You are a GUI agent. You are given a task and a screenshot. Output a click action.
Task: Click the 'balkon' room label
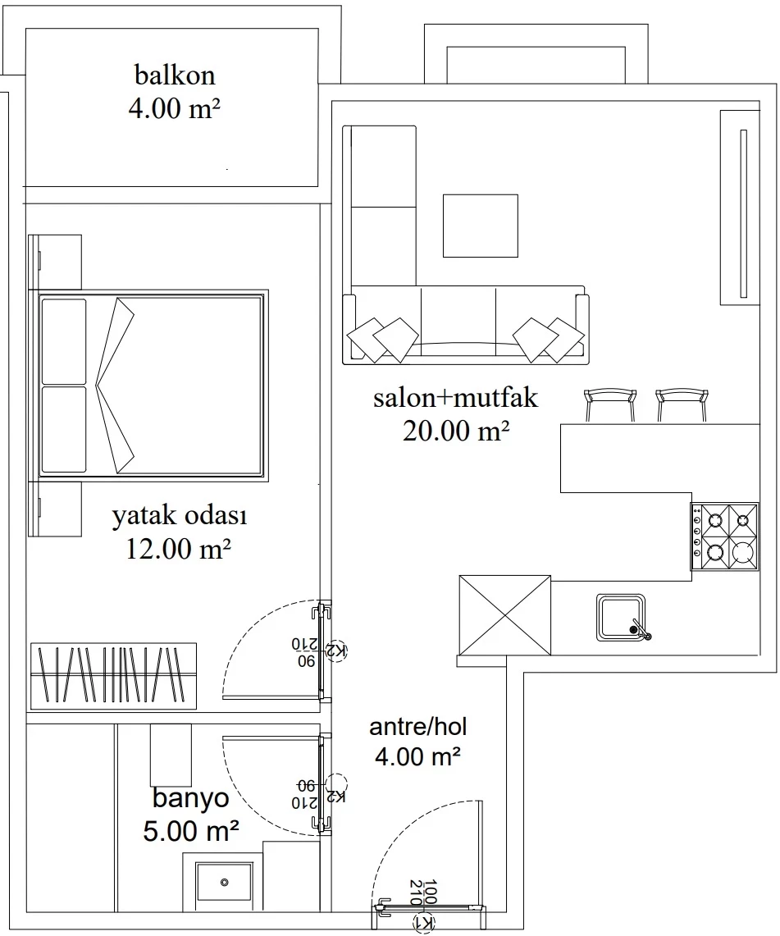[174, 75]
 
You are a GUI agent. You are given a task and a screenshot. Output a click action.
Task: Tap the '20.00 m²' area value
[456, 431]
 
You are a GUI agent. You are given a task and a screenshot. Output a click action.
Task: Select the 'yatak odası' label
[180, 516]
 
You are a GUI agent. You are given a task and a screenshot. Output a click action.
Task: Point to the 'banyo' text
[190, 798]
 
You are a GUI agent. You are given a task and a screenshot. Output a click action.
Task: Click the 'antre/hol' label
[417, 727]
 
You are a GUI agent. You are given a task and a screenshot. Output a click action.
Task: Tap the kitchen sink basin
[621, 617]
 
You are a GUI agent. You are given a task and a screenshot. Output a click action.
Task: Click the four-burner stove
[725, 536]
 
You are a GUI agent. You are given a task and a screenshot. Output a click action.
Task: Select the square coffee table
[480, 226]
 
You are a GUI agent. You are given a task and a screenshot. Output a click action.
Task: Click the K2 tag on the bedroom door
[339, 651]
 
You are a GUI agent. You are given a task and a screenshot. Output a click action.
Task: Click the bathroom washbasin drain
[225, 883]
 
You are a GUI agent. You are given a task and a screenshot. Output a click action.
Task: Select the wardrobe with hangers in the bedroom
[113, 676]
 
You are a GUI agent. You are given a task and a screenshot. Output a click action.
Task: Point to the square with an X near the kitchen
[505, 615]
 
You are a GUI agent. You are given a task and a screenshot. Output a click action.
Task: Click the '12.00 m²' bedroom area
[179, 549]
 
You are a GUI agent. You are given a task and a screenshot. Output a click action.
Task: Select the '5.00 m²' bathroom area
[191, 831]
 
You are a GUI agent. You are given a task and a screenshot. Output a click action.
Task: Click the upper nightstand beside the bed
[55, 262]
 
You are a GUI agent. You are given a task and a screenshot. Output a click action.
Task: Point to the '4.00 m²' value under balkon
[174, 109]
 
